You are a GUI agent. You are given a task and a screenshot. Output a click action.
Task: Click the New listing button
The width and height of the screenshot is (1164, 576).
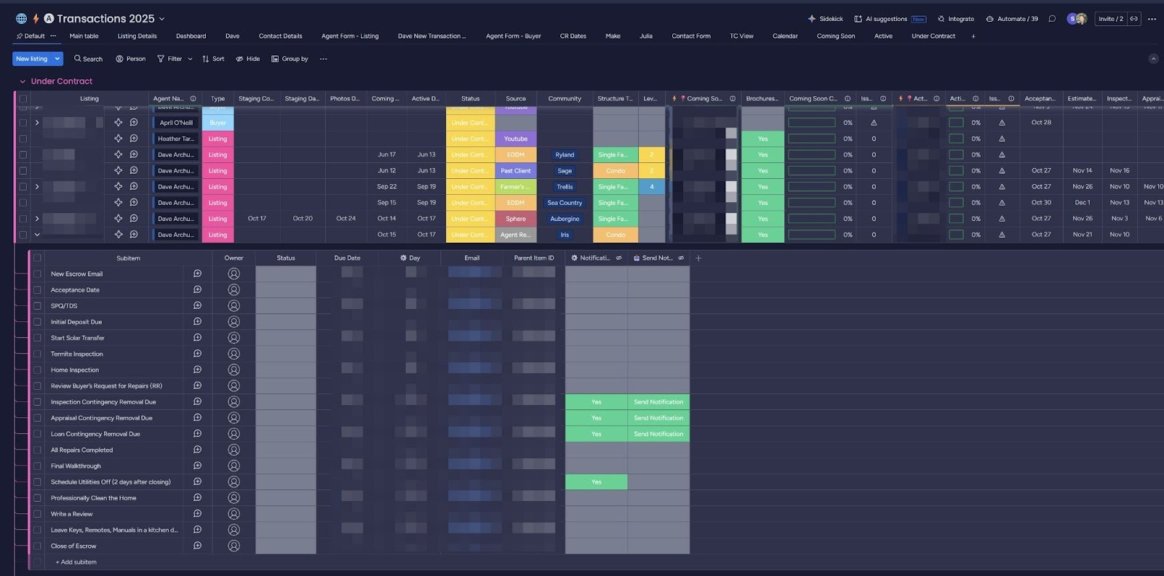point(31,59)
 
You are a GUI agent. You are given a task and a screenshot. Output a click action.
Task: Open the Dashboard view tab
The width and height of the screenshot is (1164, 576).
point(191,36)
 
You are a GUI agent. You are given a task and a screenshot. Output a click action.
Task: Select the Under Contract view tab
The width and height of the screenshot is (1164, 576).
point(933,36)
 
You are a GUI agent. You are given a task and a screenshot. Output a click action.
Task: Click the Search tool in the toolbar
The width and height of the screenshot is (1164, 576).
point(88,59)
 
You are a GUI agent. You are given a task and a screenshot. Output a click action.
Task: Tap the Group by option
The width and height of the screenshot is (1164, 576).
point(290,59)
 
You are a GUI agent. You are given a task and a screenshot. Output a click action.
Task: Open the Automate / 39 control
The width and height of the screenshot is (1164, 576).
point(1012,19)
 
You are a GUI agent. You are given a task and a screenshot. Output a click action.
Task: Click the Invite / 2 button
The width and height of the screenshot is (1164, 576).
point(1110,19)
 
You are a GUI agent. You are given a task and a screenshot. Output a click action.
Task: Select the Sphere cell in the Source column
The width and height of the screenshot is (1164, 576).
point(516,219)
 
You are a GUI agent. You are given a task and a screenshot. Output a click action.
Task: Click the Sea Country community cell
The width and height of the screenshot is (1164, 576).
point(565,203)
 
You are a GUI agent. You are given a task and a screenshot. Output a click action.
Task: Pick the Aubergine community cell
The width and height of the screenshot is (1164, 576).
point(565,219)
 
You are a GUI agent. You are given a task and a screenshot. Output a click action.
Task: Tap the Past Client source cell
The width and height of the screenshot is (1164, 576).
point(516,171)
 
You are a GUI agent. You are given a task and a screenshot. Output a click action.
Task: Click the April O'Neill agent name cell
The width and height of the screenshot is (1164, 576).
point(176,123)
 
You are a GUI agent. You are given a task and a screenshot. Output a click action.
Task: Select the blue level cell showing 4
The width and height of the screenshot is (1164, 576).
point(652,187)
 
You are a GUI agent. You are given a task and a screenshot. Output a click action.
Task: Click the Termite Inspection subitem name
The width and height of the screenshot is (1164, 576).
point(77,354)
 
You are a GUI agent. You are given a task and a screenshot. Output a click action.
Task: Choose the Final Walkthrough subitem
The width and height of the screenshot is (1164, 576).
point(76,466)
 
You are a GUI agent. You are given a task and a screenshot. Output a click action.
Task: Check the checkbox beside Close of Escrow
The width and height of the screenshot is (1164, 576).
point(37,546)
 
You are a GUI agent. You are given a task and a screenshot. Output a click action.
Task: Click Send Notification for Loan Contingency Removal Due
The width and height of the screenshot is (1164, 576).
point(658,434)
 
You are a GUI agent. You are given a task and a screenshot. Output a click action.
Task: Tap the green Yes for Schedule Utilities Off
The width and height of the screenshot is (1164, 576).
point(596,482)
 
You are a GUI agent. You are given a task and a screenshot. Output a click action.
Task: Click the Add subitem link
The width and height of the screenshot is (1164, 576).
point(76,562)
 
